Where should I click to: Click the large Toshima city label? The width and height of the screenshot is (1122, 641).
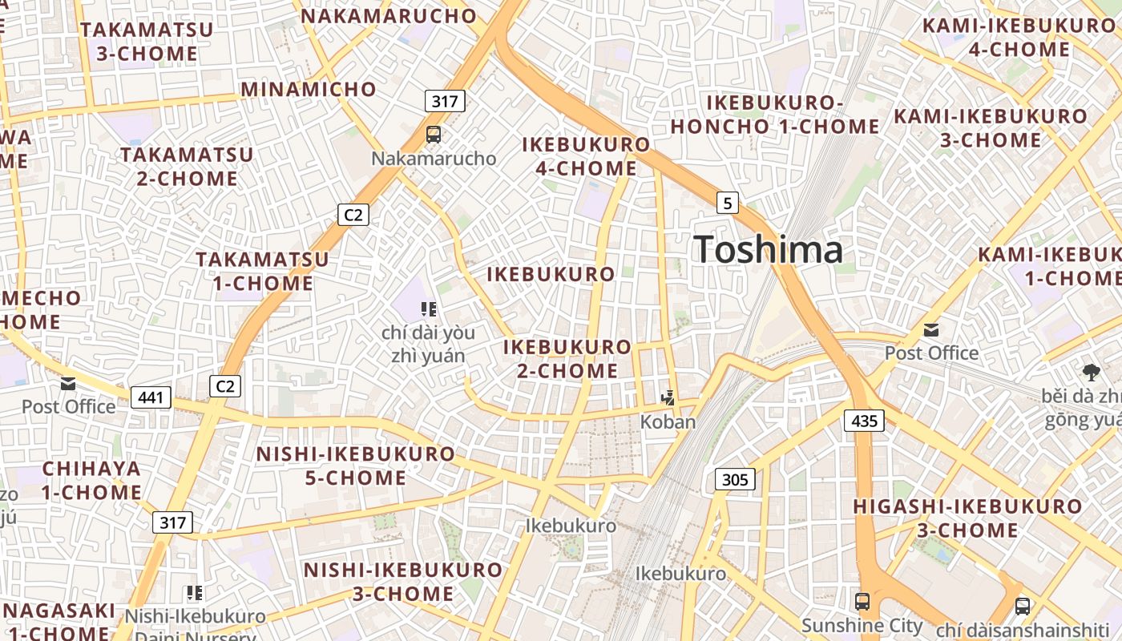[x=768, y=249]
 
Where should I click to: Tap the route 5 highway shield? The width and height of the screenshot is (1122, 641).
[x=727, y=203]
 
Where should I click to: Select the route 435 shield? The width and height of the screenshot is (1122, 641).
[x=864, y=421]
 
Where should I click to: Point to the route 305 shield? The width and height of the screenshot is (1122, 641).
[x=734, y=480]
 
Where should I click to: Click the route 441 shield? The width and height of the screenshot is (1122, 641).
[x=151, y=397]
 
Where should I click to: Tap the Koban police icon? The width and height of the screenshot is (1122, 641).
[x=668, y=397]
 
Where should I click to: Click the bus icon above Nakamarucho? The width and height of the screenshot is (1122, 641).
[x=434, y=134]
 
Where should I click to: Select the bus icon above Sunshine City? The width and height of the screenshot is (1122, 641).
[x=862, y=601]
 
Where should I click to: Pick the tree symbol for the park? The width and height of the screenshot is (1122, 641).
[x=1091, y=372]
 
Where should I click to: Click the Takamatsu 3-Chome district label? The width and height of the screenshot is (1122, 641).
[x=147, y=42]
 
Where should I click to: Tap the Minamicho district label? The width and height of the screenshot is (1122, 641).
[x=309, y=89]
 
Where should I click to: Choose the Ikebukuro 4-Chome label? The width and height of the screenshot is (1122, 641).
[x=586, y=156]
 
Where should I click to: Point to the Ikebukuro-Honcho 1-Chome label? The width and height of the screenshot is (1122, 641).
[x=775, y=115]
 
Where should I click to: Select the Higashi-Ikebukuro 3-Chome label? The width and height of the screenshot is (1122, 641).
[x=967, y=518]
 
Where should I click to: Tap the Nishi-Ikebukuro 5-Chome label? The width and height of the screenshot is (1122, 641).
[x=356, y=466]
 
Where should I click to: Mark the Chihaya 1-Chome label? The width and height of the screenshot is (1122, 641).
[x=91, y=480]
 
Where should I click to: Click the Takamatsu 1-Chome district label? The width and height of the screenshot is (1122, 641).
[x=263, y=271]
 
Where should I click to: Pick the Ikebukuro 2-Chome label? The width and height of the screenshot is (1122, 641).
[x=567, y=359]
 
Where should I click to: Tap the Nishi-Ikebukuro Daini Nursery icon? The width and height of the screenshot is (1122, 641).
[x=194, y=593]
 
